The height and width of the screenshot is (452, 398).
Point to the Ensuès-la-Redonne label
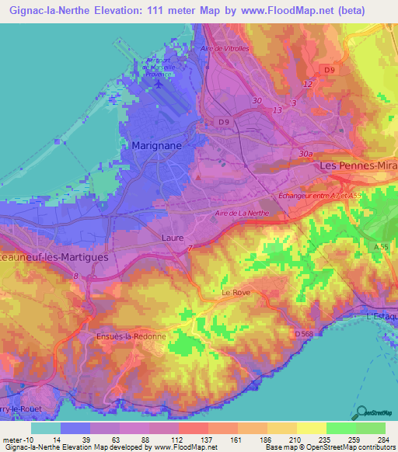coord(131,336)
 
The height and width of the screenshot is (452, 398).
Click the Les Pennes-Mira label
coord(358,167)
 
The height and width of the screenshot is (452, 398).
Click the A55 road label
coord(380,246)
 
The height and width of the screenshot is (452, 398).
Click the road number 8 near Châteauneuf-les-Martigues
coord(75,275)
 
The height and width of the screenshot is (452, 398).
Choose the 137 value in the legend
coord(191,440)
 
